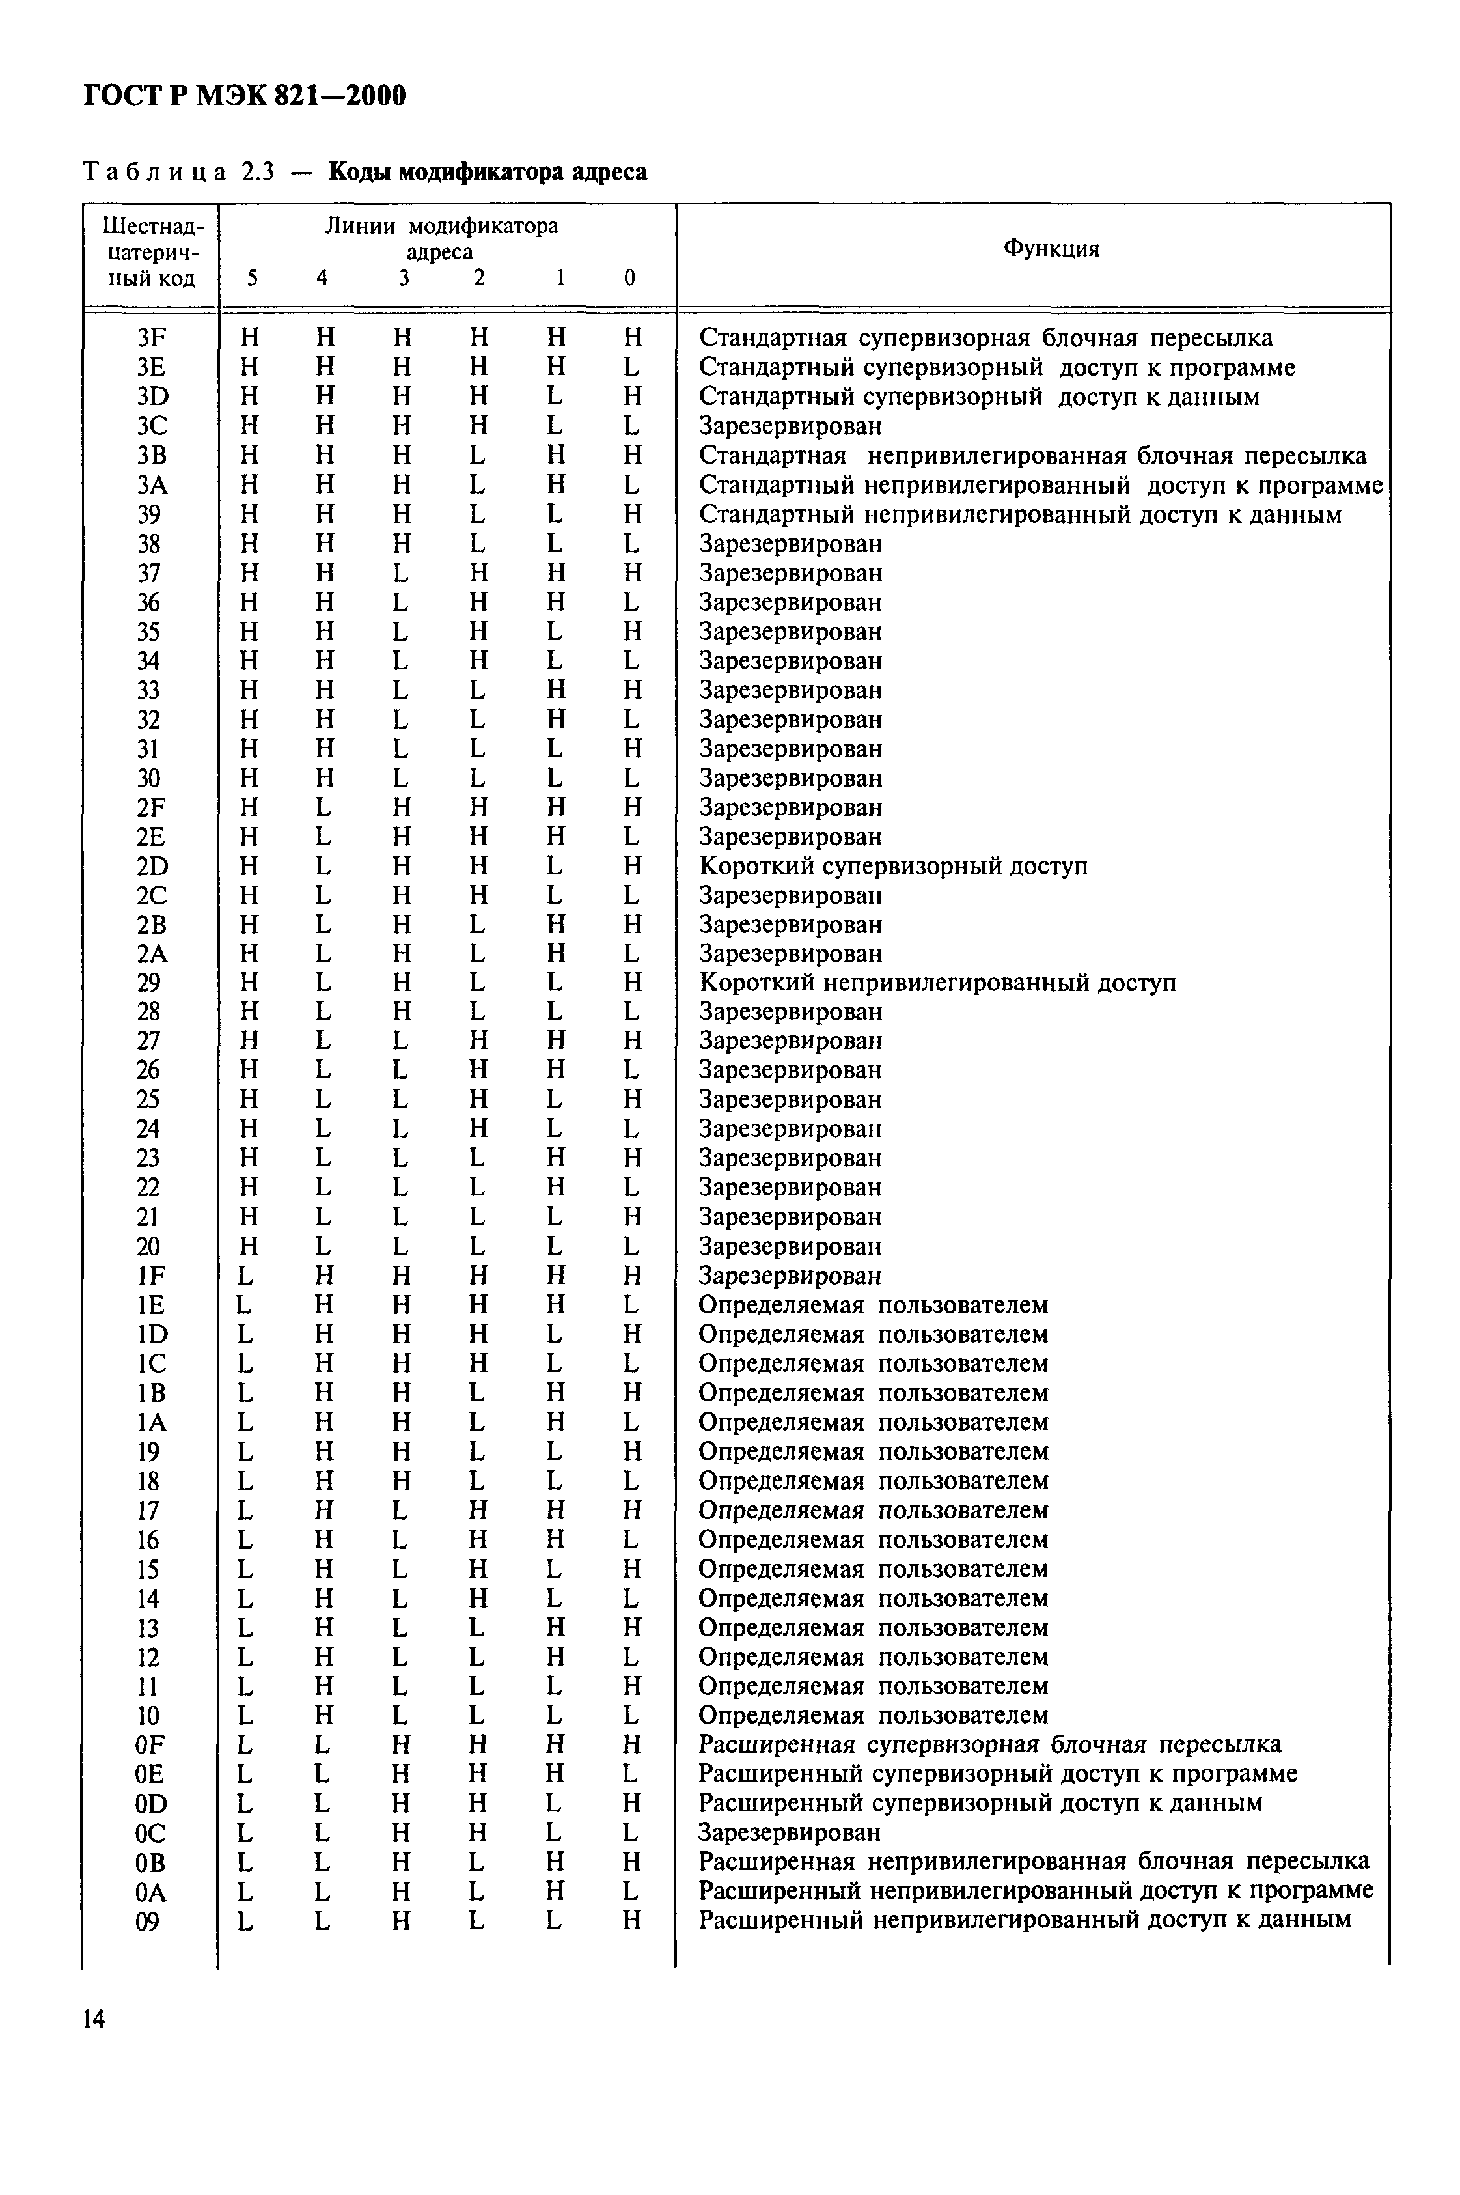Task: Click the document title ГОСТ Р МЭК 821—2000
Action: [245, 95]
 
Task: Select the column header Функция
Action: [1051, 249]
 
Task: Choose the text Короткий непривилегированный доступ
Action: [937, 983]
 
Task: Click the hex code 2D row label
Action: [152, 866]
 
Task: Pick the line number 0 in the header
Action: [630, 277]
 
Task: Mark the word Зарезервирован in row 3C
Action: [790, 426]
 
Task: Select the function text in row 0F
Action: [989, 1744]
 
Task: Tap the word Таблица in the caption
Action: [154, 173]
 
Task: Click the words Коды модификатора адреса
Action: [488, 173]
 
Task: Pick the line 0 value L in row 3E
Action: [631, 368]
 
